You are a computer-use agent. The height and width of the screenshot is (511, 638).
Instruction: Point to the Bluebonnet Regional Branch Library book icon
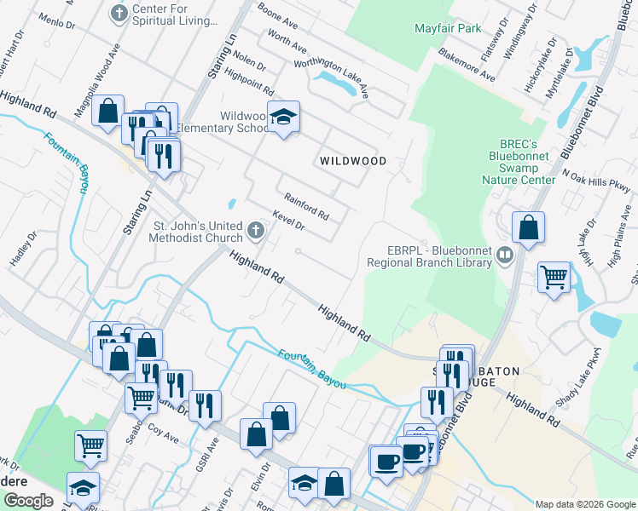coord(505,255)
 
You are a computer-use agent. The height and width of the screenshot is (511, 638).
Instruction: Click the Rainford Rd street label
coord(306,204)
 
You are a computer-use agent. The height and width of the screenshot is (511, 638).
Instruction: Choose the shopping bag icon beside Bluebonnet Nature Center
coord(529,227)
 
